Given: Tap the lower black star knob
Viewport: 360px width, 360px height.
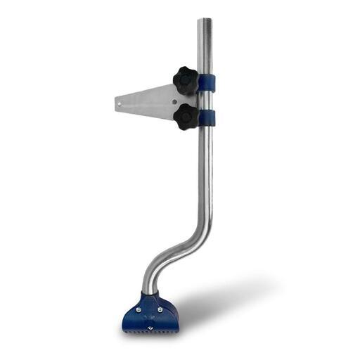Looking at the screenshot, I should pos(187,116).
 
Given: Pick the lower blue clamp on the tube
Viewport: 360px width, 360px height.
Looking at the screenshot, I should pos(207,117).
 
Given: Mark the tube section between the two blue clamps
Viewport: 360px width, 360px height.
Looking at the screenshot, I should pos(206,99).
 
